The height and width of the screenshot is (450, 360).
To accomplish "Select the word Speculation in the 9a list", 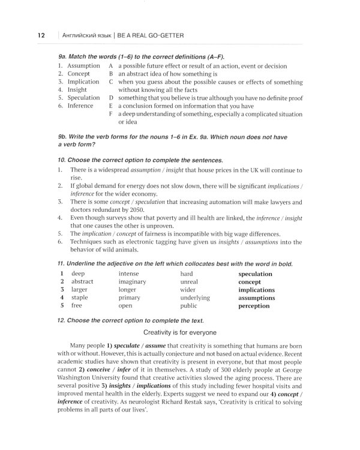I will pos(83,97).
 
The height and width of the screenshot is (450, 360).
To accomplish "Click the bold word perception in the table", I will pos(254,305).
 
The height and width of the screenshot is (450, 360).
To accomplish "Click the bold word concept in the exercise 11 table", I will pos(250,281).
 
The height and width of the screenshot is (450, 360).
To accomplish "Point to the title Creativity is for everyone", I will pos(180,332).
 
